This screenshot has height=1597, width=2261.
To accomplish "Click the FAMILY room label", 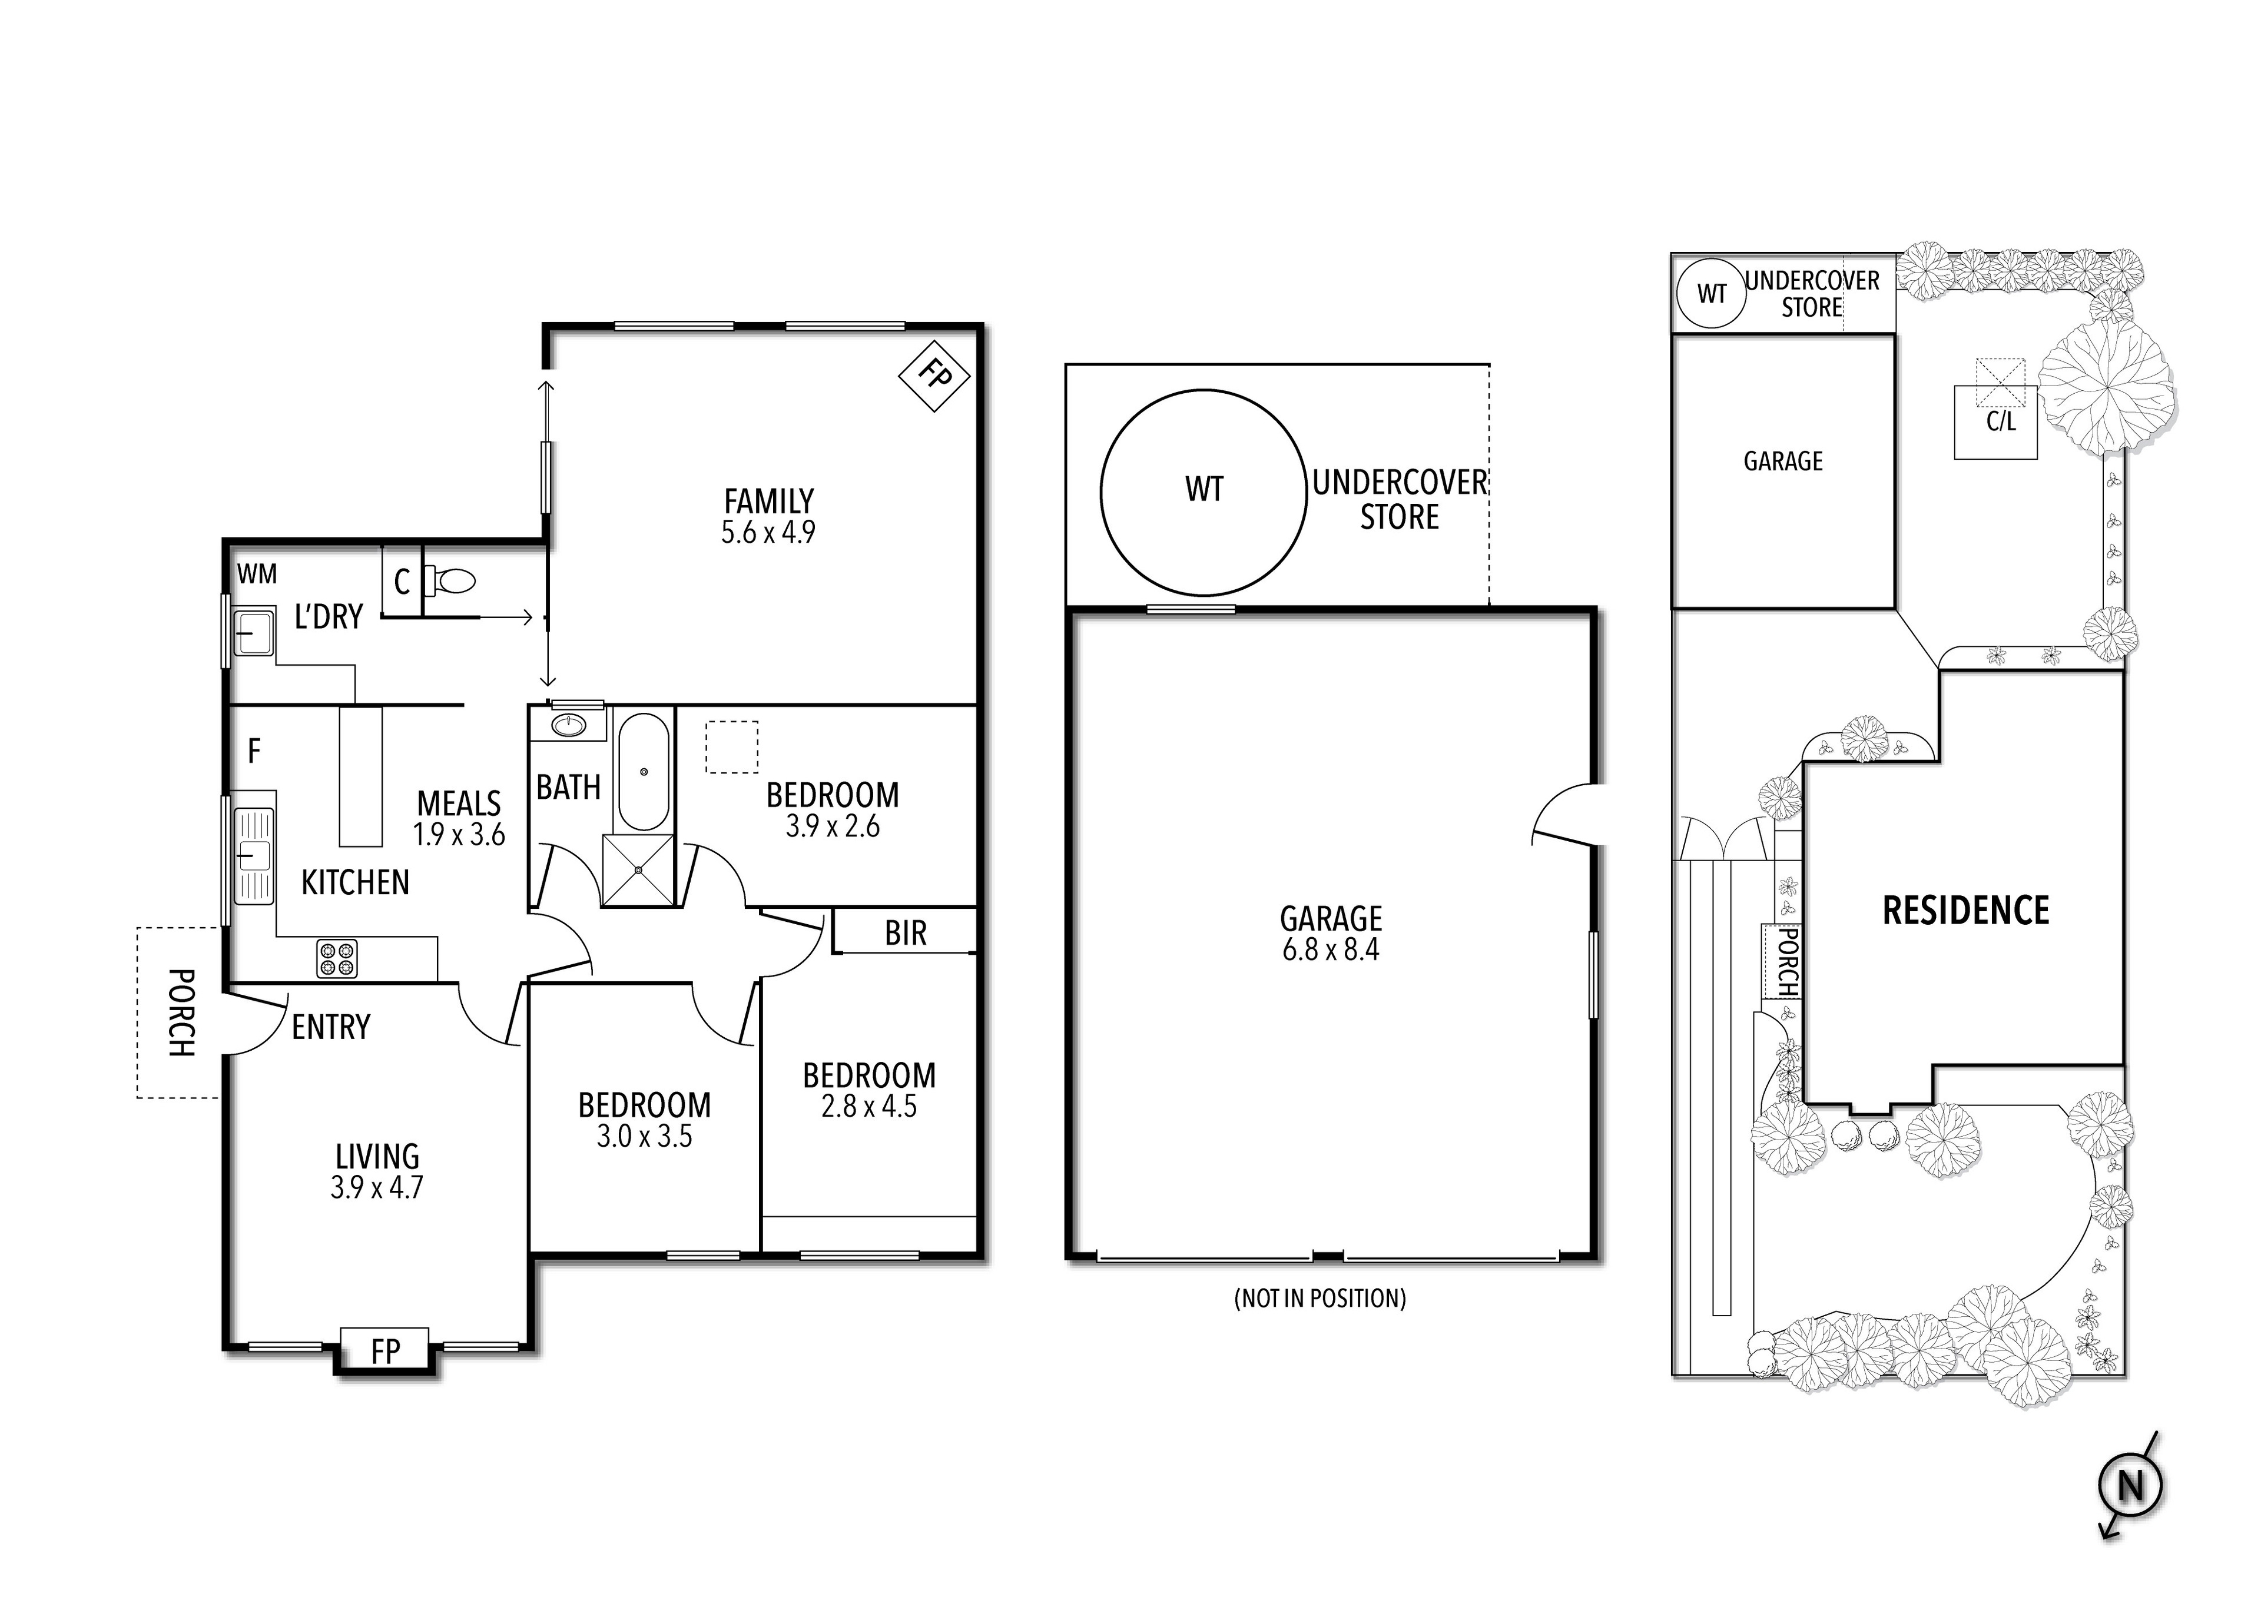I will [768, 501].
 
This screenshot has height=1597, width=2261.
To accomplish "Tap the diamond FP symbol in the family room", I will [934, 375].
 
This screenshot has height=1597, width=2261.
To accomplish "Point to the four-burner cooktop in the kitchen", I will [337, 959].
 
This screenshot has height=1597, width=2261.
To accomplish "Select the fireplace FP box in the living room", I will [385, 1351].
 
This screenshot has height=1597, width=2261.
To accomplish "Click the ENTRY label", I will [331, 1028].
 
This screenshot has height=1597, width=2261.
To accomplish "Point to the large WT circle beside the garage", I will [1204, 492].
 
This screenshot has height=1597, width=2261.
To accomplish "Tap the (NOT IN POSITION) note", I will [1320, 1299].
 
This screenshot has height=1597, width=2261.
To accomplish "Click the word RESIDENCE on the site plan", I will [1965, 911].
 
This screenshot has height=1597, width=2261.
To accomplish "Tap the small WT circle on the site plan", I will [1712, 293].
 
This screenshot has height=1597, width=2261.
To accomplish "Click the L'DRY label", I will [329, 617].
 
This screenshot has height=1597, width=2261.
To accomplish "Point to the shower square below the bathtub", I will [638, 869].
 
